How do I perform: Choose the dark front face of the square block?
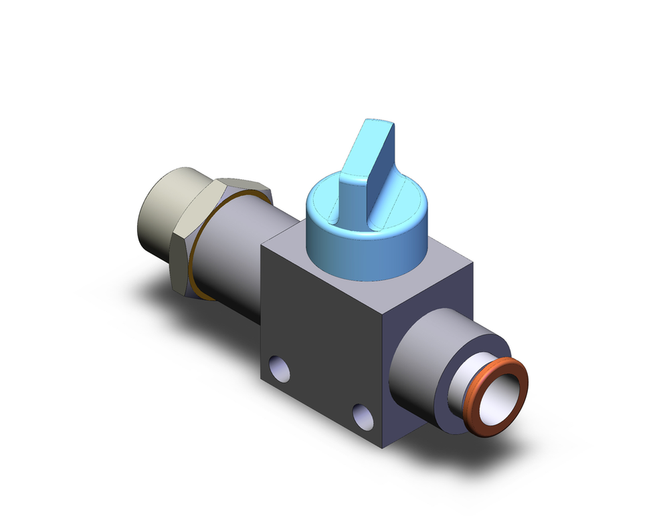coord(321,334)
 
